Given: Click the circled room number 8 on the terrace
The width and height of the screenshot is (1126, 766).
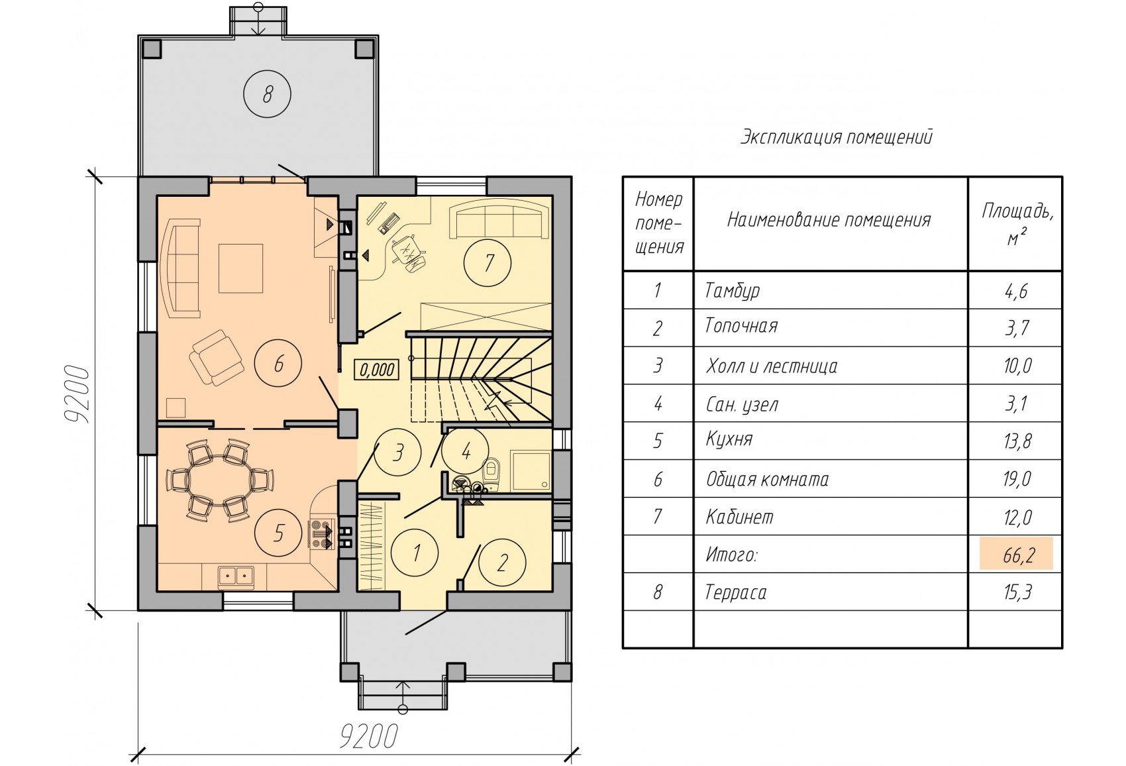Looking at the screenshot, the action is point(267,94).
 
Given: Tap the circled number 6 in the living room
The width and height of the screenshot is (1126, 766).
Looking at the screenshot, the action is point(278,363).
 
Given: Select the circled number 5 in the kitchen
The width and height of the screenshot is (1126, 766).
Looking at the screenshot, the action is point(278,533).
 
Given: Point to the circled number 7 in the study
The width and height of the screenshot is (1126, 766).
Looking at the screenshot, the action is point(487,262).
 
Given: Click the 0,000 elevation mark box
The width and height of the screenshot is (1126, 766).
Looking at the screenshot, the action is point(377,370).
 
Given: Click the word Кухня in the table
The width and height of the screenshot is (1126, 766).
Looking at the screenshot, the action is point(729,439).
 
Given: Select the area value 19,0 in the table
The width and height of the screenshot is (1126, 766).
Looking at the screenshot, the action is point(1017,479).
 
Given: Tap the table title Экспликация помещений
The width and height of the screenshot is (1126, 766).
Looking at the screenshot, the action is point(837,137).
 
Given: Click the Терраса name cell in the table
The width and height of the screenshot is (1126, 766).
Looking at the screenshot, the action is point(736,592).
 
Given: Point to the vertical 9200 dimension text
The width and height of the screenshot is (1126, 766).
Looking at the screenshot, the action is point(78,394).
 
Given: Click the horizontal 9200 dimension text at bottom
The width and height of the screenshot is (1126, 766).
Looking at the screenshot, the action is point(369,736).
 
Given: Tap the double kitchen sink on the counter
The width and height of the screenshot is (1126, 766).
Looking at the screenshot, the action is point(236,575).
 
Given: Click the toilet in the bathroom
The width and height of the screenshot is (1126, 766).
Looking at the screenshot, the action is point(491,470).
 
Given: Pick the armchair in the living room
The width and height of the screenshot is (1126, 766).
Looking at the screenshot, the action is point(216,358).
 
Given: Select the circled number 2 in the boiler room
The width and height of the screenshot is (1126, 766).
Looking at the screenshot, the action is point(501,563).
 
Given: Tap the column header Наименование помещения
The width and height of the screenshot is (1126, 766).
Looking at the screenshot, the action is point(829,220).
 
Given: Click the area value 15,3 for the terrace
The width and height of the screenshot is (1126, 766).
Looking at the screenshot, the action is point(1017,592).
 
